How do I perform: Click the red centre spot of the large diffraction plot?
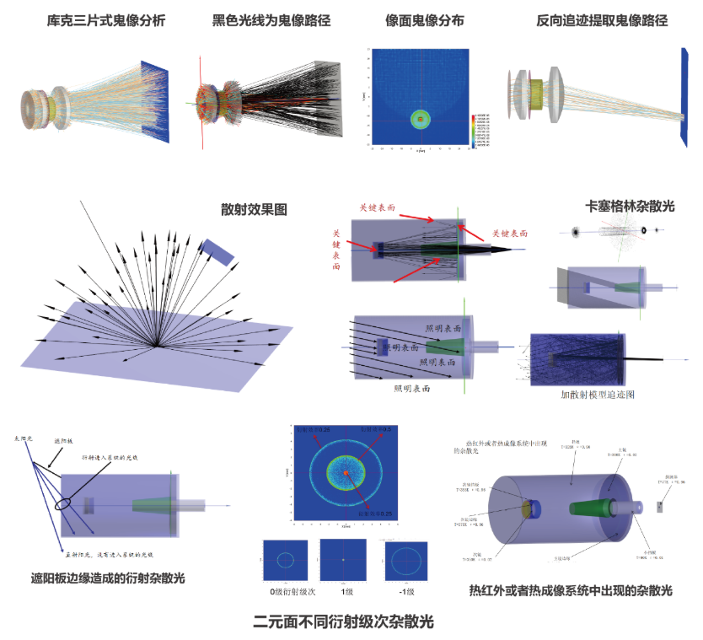pos(345,476)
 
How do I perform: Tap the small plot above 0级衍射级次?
pos(284,559)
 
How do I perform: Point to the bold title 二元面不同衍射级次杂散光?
pos(343,622)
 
